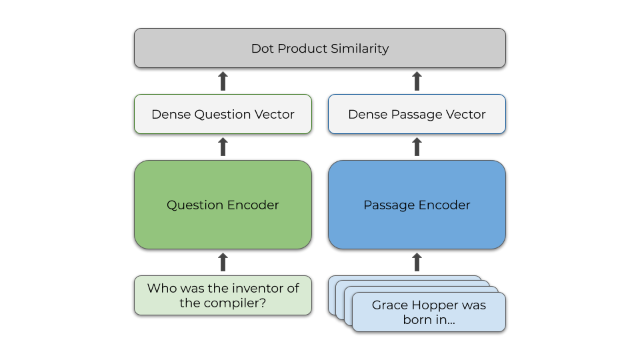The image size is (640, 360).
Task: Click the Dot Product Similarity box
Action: point(320,48)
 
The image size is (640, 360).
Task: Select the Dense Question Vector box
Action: point(223,114)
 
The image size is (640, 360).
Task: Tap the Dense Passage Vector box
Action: point(417,114)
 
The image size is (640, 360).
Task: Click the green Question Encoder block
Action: point(223,205)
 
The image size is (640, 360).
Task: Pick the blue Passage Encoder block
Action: point(417,205)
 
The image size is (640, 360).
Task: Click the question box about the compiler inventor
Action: point(223,295)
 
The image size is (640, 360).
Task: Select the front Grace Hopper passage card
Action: point(429,312)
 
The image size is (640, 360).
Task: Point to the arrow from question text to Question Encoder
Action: point(223,262)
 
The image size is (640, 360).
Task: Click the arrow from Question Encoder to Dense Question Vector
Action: point(223,147)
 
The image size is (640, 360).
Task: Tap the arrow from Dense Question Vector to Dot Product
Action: point(223,81)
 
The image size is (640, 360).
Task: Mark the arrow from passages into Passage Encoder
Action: point(417,262)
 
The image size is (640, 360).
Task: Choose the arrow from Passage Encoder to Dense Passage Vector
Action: point(417,147)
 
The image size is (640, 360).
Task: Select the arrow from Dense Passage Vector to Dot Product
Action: point(417,81)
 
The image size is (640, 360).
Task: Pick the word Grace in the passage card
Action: point(389,305)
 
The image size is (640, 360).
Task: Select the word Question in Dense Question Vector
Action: point(220,115)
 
